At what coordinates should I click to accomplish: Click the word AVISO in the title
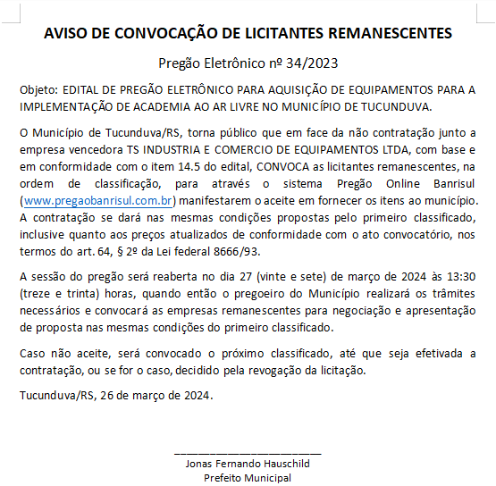(66, 34)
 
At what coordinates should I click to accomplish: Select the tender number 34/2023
(313, 63)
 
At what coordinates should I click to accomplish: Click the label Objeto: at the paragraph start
(38, 90)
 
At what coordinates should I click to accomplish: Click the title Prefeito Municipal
(248, 478)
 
